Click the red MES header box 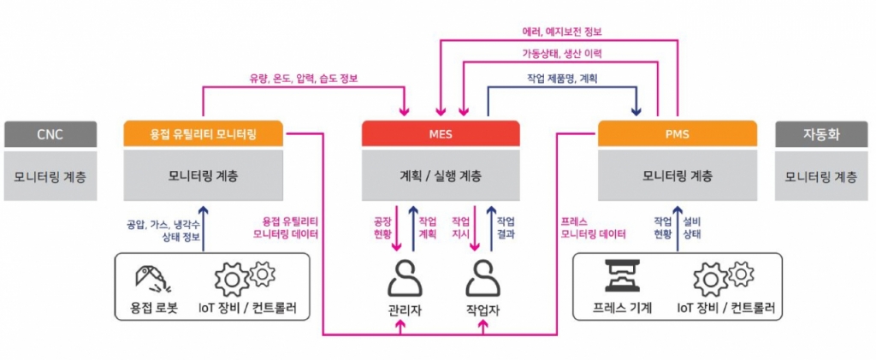click(441, 133)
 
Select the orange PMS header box click(677, 133)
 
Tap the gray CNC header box click(50, 133)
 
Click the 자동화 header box click(821, 133)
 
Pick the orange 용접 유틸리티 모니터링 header click(203, 133)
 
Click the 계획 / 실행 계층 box click(441, 176)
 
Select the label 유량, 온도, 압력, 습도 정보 click(304, 79)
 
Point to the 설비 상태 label click(692, 227)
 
